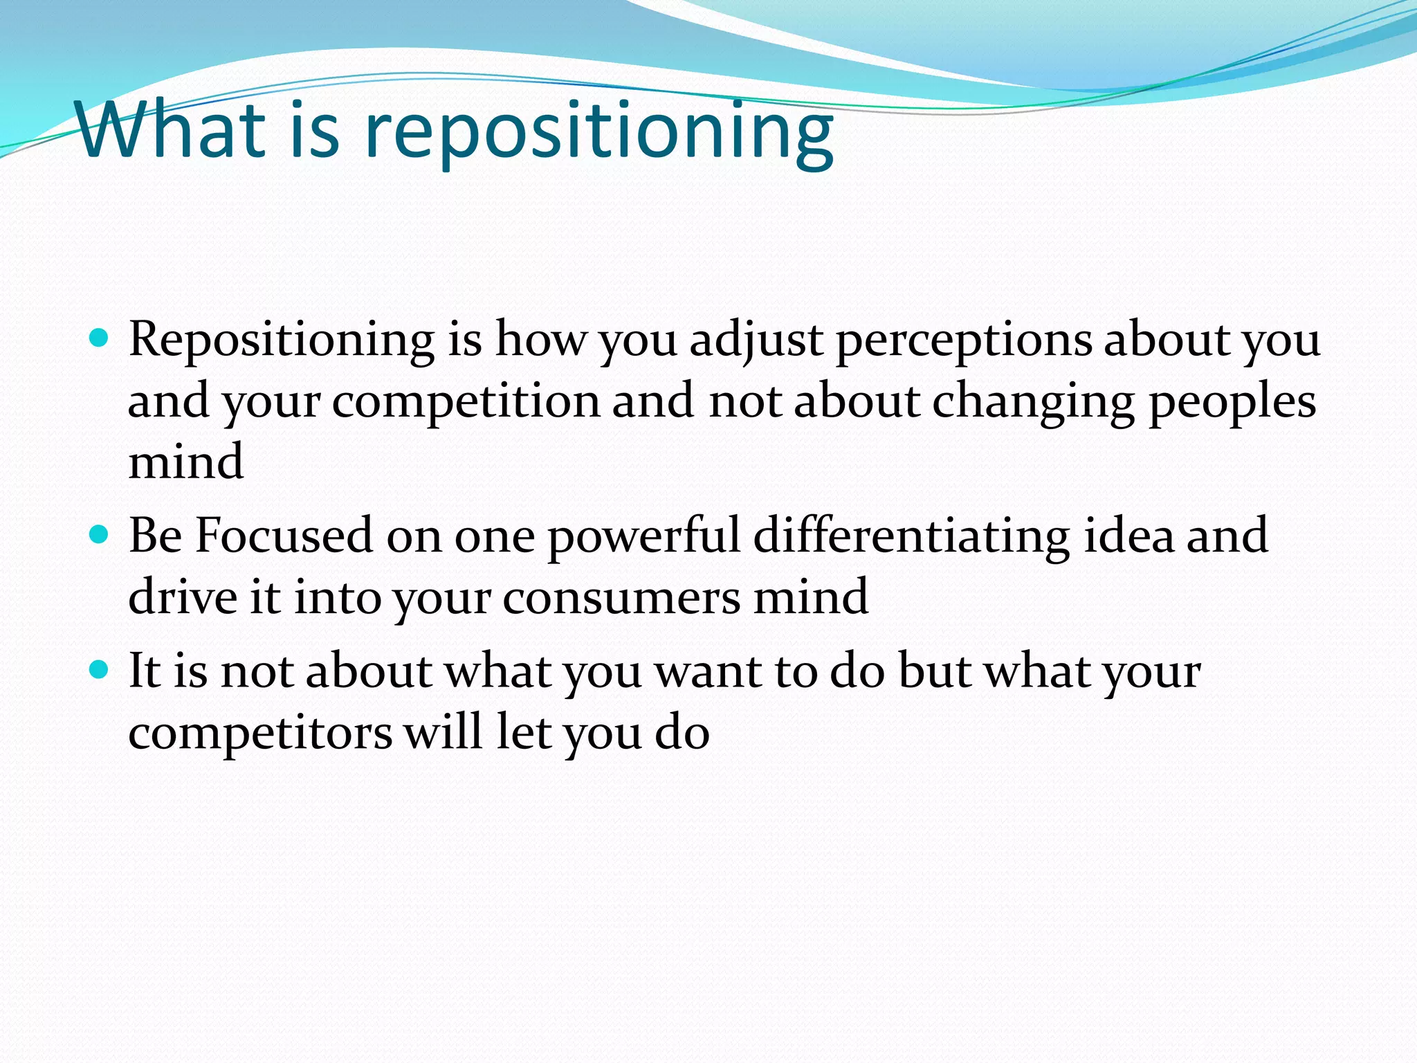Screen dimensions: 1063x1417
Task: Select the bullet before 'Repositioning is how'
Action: click(x=100, y=338)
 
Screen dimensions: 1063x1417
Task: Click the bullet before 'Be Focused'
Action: click(x=100, y=535)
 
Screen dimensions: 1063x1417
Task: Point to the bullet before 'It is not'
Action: click(x=100, y=670)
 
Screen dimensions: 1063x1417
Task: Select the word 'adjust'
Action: click(x=756, y=340)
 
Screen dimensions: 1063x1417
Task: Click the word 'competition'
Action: click(x=466, y=402)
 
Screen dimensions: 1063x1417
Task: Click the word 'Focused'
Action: click(x=284, y=536)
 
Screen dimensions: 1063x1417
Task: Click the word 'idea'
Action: click(x=1128, y=536)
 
